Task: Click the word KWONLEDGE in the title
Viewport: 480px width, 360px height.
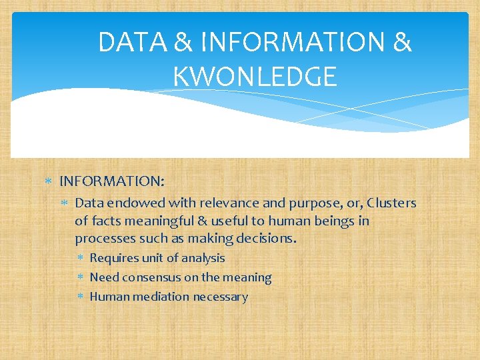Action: pos(255,77)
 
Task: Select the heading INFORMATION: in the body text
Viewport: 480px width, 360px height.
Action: pos(112,181)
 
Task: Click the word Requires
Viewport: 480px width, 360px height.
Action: pos(112,258)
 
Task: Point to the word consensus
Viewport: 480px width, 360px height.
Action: pos(150,277)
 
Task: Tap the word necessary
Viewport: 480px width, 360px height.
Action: pos(221,297)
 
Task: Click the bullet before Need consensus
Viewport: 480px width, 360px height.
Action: pos(79,277)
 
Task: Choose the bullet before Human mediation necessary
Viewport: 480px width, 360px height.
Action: pos(79,297)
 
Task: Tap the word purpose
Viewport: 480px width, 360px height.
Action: pos(304,203)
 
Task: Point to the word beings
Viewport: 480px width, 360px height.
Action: pos(337,221)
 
